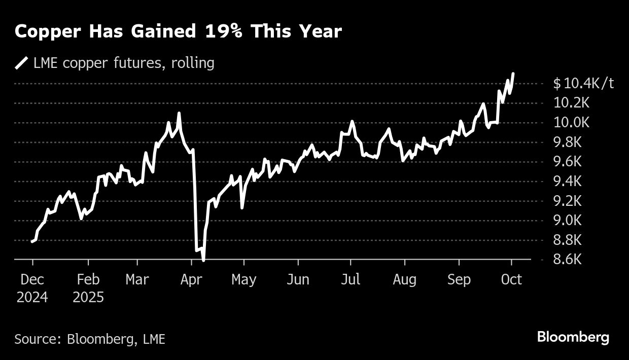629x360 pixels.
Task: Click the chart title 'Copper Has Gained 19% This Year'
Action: [178, 32]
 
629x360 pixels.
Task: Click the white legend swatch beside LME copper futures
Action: [22, 63]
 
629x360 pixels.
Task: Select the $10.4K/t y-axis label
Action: [583, 83]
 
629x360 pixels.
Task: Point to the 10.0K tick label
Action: [571, 123]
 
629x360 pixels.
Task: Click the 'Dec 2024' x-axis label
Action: [32, 287]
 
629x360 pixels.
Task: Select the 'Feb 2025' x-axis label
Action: [88, 287]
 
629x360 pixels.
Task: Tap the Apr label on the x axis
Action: [191, 279]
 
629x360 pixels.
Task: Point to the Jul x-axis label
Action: [350, 279]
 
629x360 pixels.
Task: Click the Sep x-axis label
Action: [459, 279]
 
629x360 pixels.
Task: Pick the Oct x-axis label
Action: [511, 279]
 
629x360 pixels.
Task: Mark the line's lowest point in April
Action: [203, 260]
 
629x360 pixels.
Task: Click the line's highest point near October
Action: [513, 74]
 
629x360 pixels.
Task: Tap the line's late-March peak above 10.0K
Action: [179, 114]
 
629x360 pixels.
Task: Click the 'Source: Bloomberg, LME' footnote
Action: [90, 339]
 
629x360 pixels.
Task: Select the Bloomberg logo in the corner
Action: [573, 337]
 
